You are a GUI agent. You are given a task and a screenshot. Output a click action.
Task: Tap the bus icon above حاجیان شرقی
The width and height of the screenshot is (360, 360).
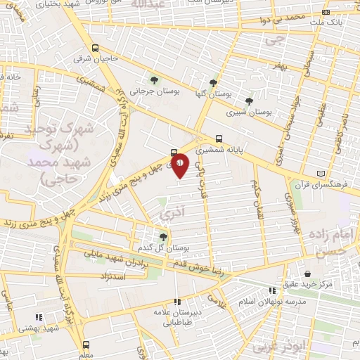[x=96, y=49]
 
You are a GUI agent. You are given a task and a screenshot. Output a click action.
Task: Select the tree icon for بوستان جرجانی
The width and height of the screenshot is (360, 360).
[x=154, y=81]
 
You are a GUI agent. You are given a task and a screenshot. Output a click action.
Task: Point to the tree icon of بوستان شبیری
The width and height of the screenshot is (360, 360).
[x=249, y=101]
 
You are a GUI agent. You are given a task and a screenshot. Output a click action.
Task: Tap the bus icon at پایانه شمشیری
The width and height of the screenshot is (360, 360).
[x=219, y=139]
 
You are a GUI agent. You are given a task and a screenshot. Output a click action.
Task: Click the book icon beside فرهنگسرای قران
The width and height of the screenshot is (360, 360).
[x=321, y=174]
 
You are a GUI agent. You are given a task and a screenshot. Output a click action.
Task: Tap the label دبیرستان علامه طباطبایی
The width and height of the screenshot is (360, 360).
[x=176, y=318]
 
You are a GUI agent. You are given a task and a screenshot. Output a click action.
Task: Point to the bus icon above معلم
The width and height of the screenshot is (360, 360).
[x=86, y=345]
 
